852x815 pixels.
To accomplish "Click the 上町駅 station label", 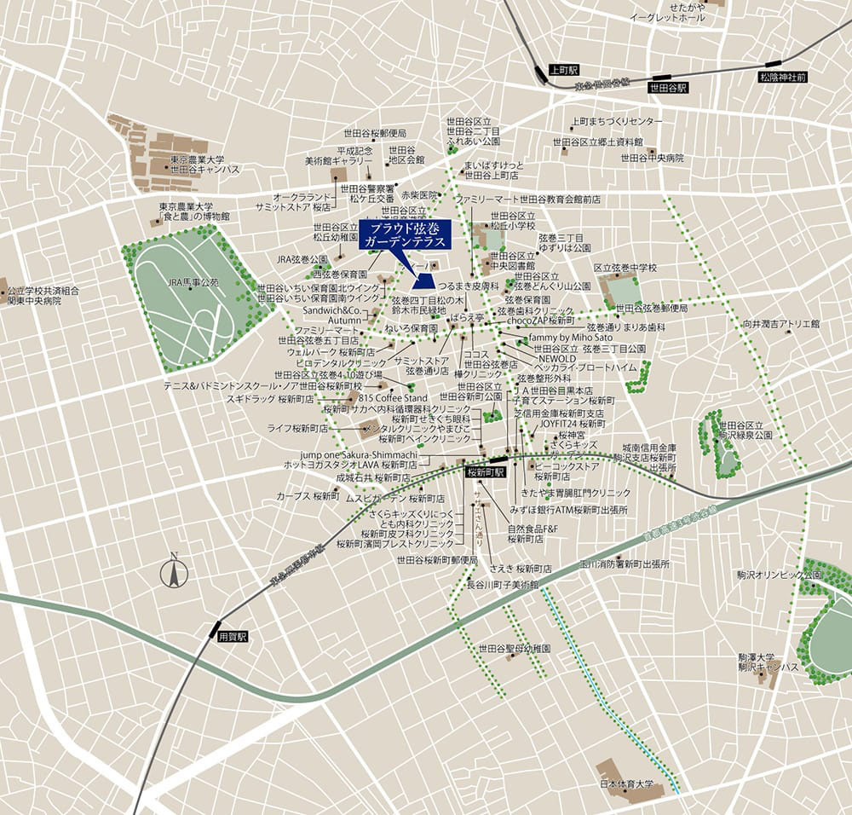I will coord(564,69).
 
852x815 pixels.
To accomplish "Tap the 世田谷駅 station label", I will coord(665,86).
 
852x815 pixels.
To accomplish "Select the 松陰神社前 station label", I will coord(782,77).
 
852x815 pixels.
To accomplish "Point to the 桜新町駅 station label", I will coord(486,471).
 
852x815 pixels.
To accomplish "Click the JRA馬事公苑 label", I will coord(192,281).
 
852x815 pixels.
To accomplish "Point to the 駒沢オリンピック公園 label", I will coord(780,575).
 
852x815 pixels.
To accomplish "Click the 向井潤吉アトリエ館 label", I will coord(780,324).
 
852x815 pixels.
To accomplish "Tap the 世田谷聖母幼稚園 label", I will coord(515,649).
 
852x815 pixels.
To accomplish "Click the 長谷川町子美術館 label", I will coord(504,586).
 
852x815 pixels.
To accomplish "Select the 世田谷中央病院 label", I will coord(652,158).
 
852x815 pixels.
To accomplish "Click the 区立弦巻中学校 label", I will coord(625,268).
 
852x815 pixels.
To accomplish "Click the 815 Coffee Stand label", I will coord(393,398).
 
